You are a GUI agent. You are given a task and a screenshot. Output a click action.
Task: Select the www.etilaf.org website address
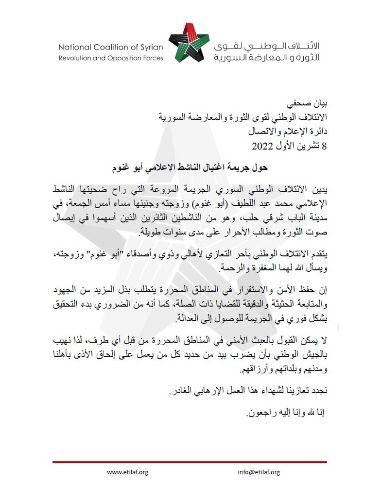coord(127,472)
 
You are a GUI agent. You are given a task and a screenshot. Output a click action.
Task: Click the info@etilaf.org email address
coord(259,472)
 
